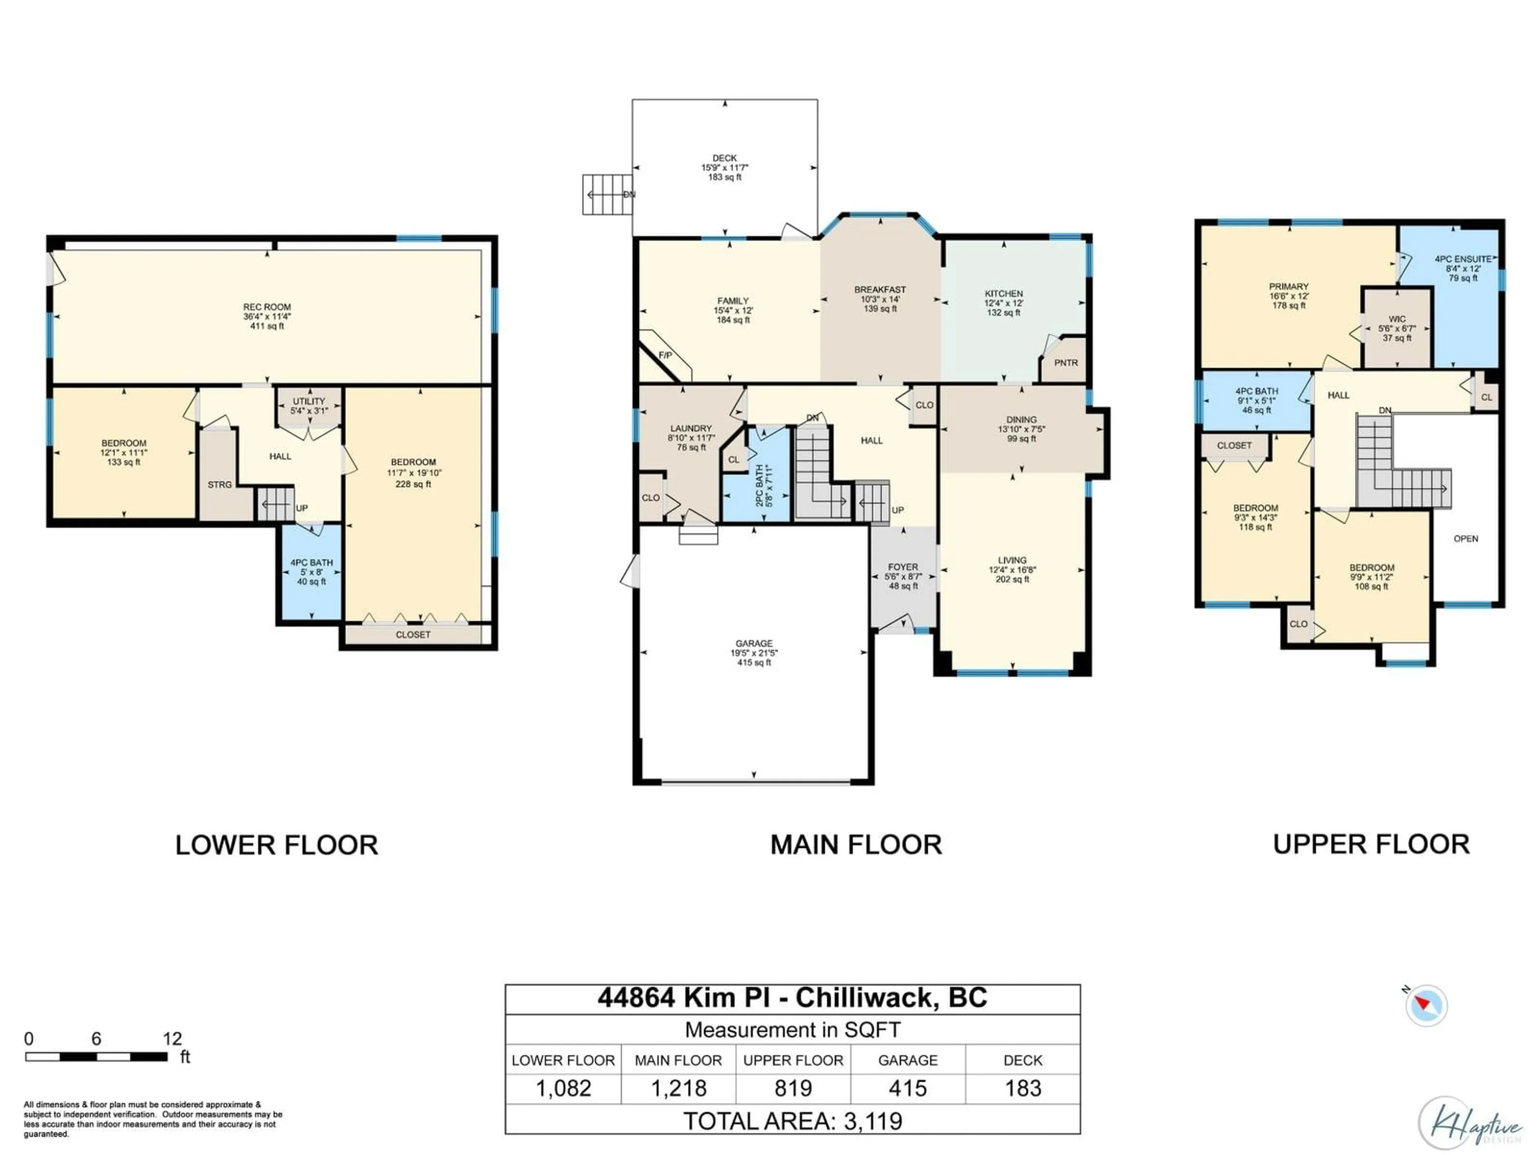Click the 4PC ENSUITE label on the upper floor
click(x=1463, y=259)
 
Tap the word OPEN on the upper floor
click(x=1465, y=539)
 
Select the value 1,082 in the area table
click(x=563, y=1088)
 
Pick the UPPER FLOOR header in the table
click(x=793, y=1060)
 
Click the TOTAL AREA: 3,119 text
click(x=792, y=1121)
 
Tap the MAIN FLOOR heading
click(x=856, y=845)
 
